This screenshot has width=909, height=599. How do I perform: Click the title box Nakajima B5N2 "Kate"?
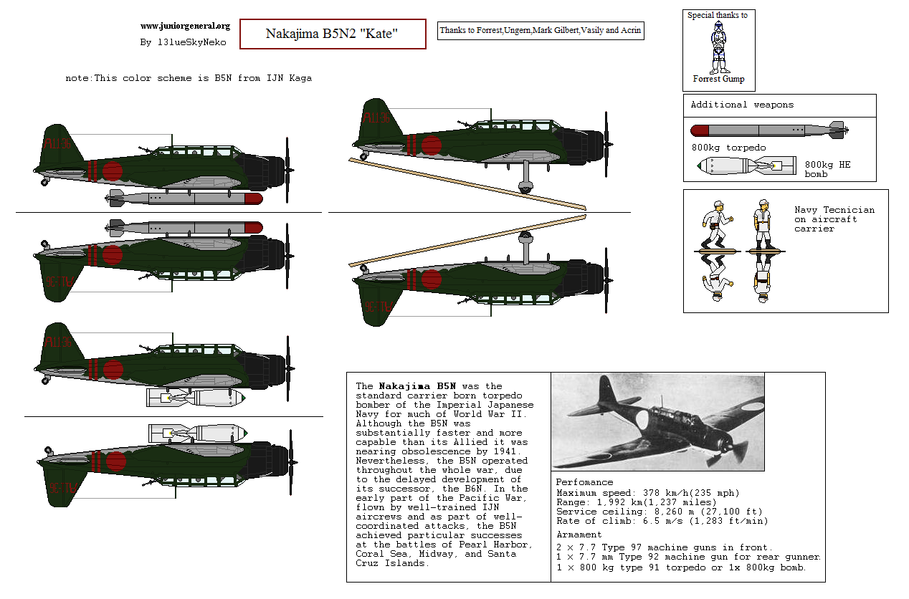[x=332, y=34]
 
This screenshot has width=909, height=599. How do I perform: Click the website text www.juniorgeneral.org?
[x=185, y=26]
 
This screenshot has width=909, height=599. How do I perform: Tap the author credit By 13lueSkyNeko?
[x=183, y=42]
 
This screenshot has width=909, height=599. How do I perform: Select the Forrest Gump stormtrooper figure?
[x=718, y=48]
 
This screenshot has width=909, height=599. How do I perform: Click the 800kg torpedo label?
[x=728, y=148]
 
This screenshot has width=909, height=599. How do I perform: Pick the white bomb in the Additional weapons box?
[x=746, y=166]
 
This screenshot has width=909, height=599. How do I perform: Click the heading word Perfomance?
[x=584, y=482]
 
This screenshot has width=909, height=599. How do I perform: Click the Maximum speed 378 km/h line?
[x=647, y=493]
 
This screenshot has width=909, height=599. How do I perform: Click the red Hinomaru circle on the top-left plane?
[x=113, y=171]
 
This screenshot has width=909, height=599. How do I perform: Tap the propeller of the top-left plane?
[x=287, y=170]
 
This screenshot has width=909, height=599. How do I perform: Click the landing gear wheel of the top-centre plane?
[x=526, y=188]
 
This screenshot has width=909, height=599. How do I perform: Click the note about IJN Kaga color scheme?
[x=189, y=78]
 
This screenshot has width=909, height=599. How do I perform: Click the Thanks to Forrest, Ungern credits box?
[x=541, y=30]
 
